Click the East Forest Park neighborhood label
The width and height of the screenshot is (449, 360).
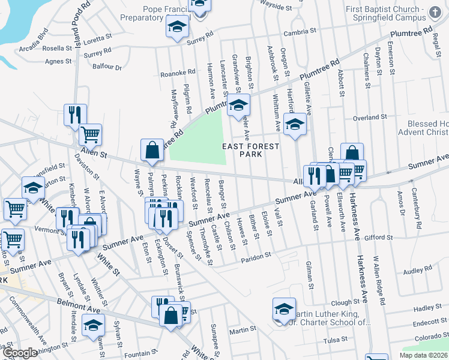(x=251, y=150)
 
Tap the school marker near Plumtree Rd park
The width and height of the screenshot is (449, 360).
(x=238, y=106)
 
